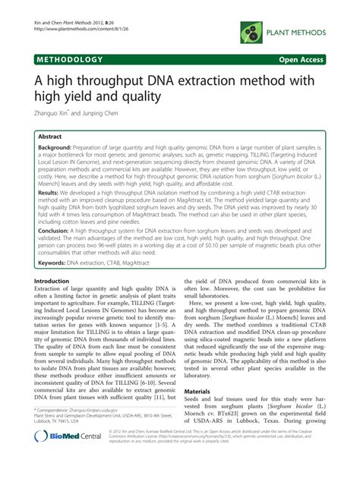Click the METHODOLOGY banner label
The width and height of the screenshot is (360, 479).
click(x=66, y=58)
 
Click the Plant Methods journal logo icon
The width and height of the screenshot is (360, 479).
click(x=250, y=30)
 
